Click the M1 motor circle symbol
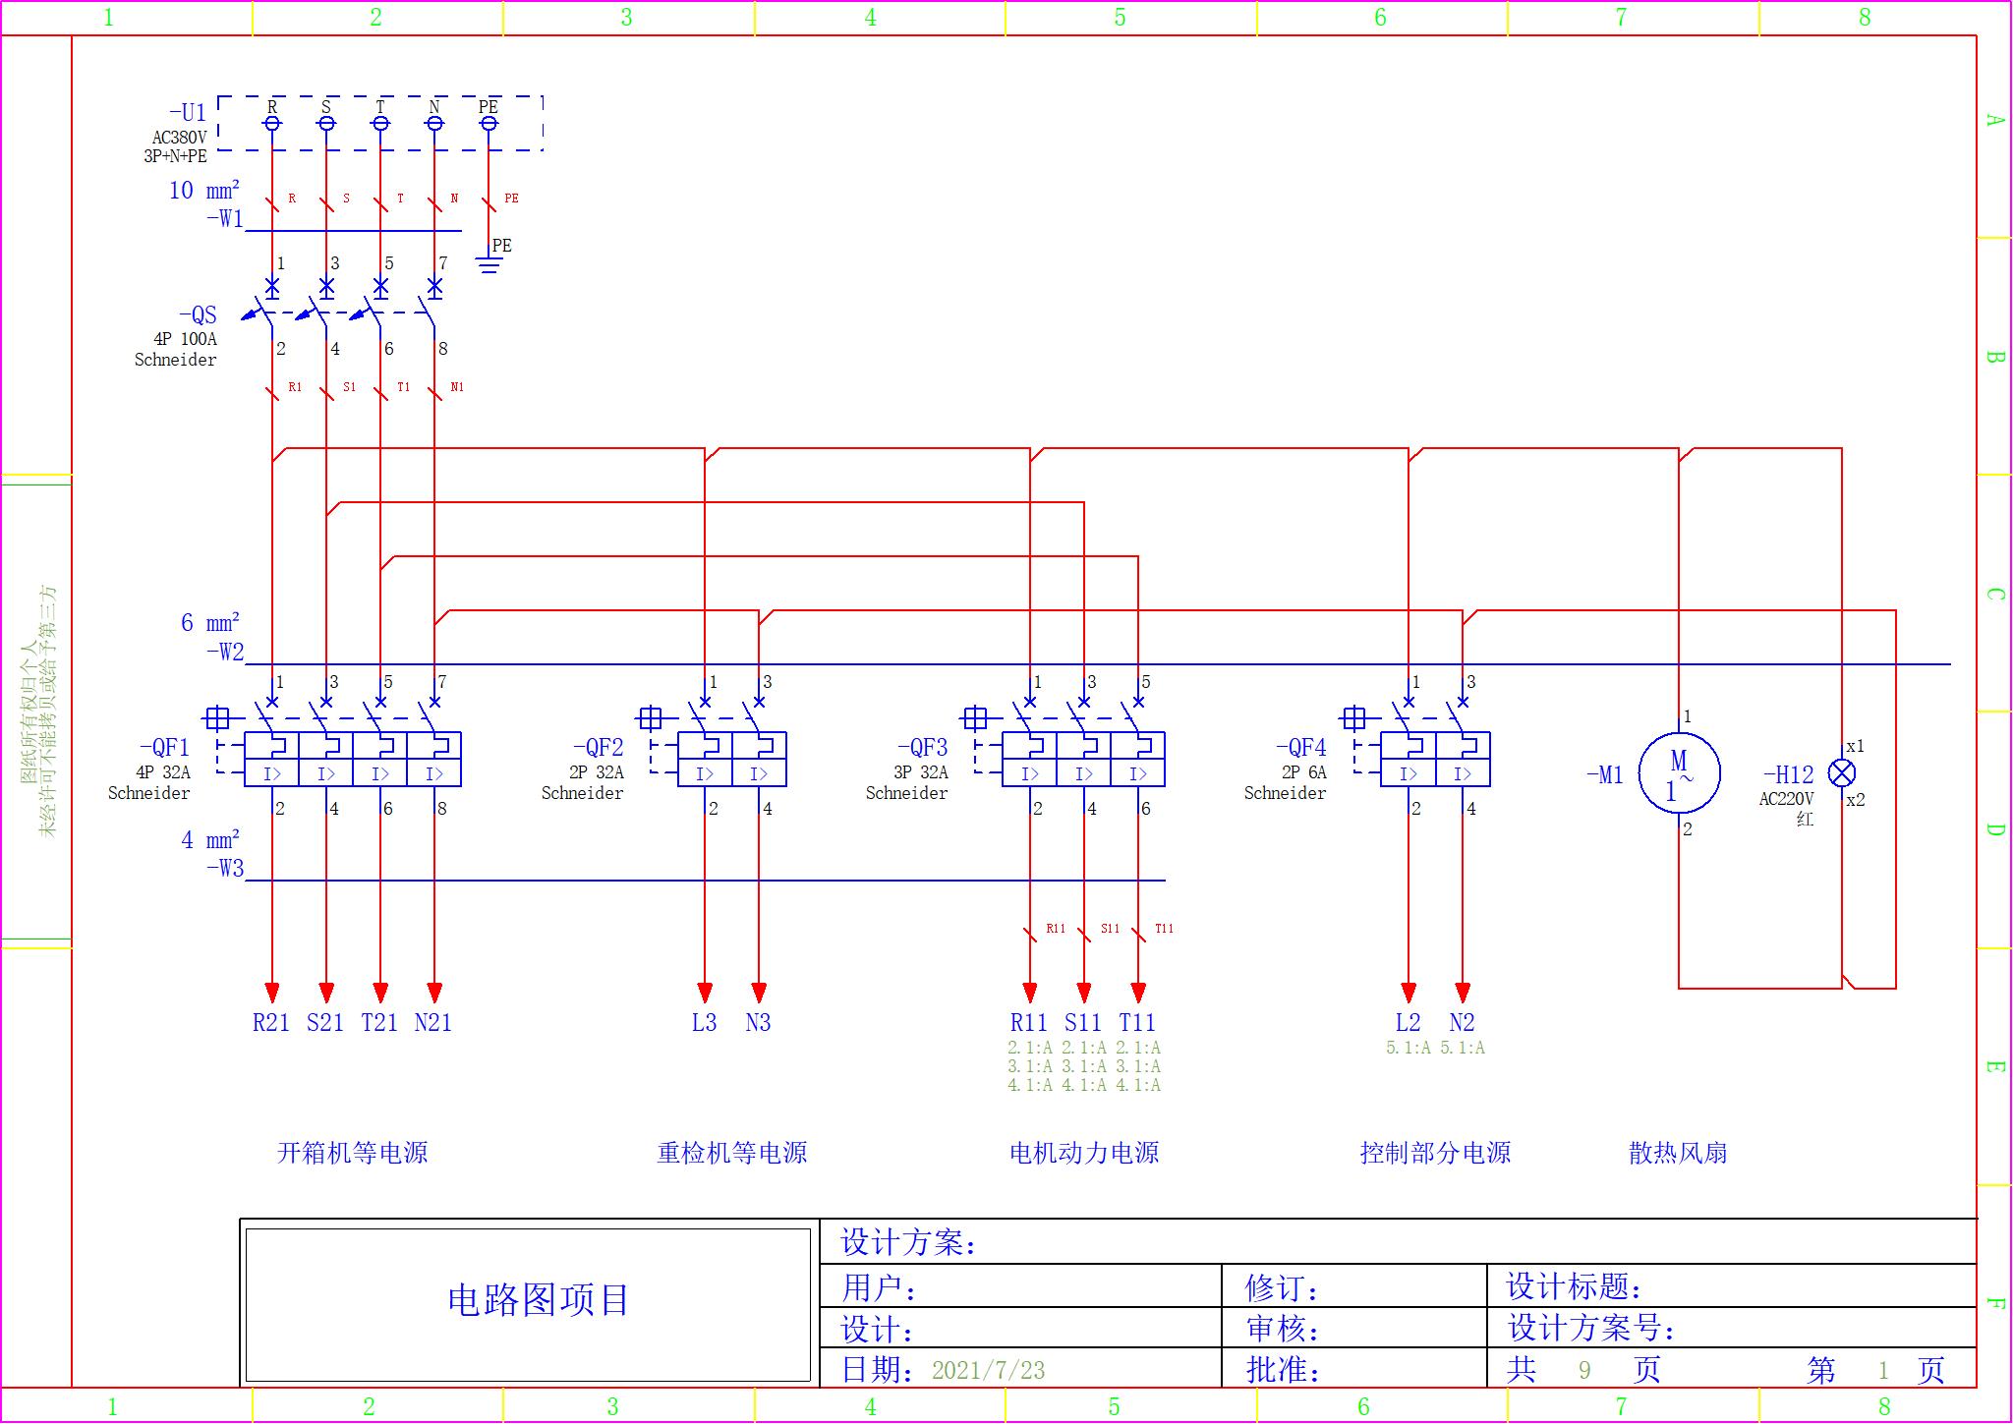[x=1679, y=773]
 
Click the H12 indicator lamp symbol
[x=1841, y=772]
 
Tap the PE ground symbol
[x=489, y=263]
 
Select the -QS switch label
[x=198, y=315]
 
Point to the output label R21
[x=271, y=1023]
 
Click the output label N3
[x=758, y=1023]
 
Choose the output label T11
[x=1137, y=1023]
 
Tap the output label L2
[x=1408, y=1023]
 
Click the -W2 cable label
[x=225, y=652]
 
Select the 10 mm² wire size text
[x=204, y=191]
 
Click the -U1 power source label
[x=188, y=113]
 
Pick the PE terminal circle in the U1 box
[x=489, y=123]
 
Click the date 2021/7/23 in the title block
[x=988, y=1370]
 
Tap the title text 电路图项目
[x=538, y=1300]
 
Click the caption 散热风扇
[x=1678, y=1153]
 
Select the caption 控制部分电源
[x=1435, y=1153]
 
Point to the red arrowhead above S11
[x=1083, y=992]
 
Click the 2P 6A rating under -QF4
[x=1303, y=772]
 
